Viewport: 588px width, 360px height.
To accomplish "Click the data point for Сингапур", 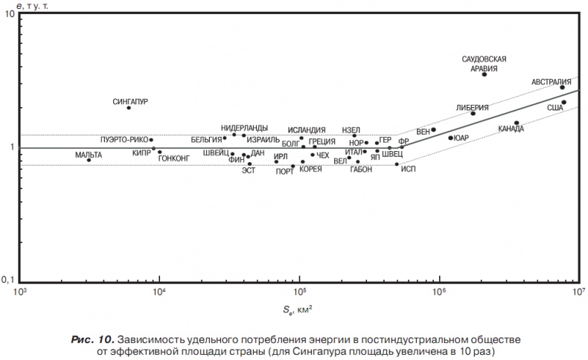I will [129, 108].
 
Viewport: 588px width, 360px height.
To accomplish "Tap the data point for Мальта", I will [89, 160].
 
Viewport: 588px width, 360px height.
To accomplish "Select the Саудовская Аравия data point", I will [485, 74].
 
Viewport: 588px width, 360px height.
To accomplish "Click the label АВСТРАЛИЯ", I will [551, 82].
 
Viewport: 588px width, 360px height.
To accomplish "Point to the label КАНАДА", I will [511, 129].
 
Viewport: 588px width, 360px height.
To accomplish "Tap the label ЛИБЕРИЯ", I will [472, 107].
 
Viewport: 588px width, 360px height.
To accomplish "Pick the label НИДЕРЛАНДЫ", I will [244, 128].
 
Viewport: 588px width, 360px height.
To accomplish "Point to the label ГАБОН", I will [360, 170].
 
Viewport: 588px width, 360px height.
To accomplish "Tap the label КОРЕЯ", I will [310, 170].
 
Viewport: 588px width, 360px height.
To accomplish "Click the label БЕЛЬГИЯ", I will [206, 139].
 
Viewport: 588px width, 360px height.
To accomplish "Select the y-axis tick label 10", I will [10, 16].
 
